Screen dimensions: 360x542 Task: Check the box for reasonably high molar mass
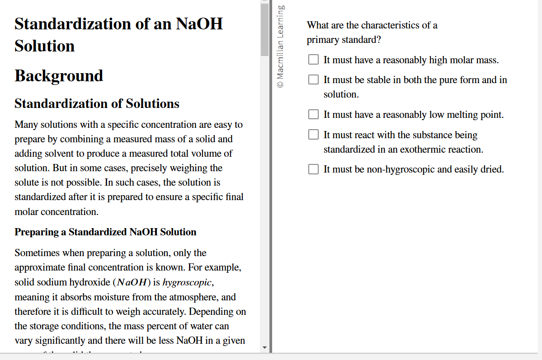pos(313,60)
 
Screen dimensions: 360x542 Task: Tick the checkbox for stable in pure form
pos(313,79)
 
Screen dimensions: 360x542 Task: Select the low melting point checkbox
pos(313,114)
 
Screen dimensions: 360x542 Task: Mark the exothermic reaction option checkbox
pos(313,135)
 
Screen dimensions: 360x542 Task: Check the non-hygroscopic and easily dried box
pos(313,169)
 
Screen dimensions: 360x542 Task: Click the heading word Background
pos(59,76)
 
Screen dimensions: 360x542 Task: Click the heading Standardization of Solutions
pos(97,104)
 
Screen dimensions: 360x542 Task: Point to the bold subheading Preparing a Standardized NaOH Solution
pos(105,232)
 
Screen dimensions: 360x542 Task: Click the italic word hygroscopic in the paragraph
pos(187,282)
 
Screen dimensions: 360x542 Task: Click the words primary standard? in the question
pos(344,40)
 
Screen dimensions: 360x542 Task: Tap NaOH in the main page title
pos(199,23)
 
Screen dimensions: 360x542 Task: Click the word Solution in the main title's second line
pos(44,46)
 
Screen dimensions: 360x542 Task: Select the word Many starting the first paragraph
pos(26,125)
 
